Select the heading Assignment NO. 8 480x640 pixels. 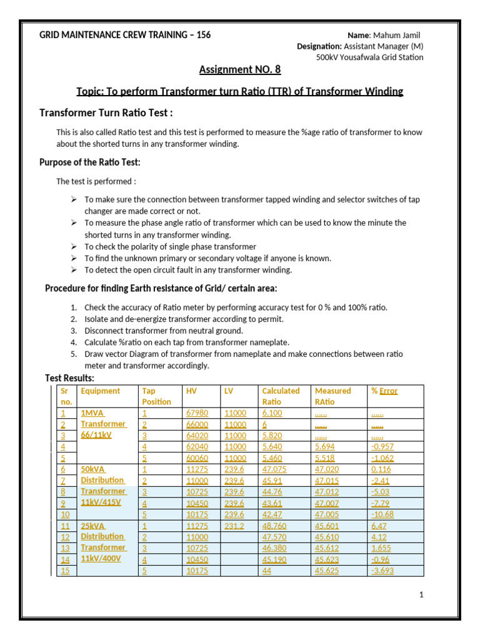[x=239, y=69]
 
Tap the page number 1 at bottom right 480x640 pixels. [x=422, y=594]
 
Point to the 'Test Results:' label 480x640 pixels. [x=70, y=378]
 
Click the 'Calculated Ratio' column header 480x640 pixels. [x=281, y=396]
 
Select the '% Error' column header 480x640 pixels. [x=384, y=391]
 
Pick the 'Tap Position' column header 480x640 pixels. [x=156, y=396]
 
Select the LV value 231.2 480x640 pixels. [x=234, y=525]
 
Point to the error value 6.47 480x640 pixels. [x=379, y=525]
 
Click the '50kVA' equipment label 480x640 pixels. [x=93, y=469]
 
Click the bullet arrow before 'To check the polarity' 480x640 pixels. [x=73, y=247]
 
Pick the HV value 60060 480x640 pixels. [x=197, y=458]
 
